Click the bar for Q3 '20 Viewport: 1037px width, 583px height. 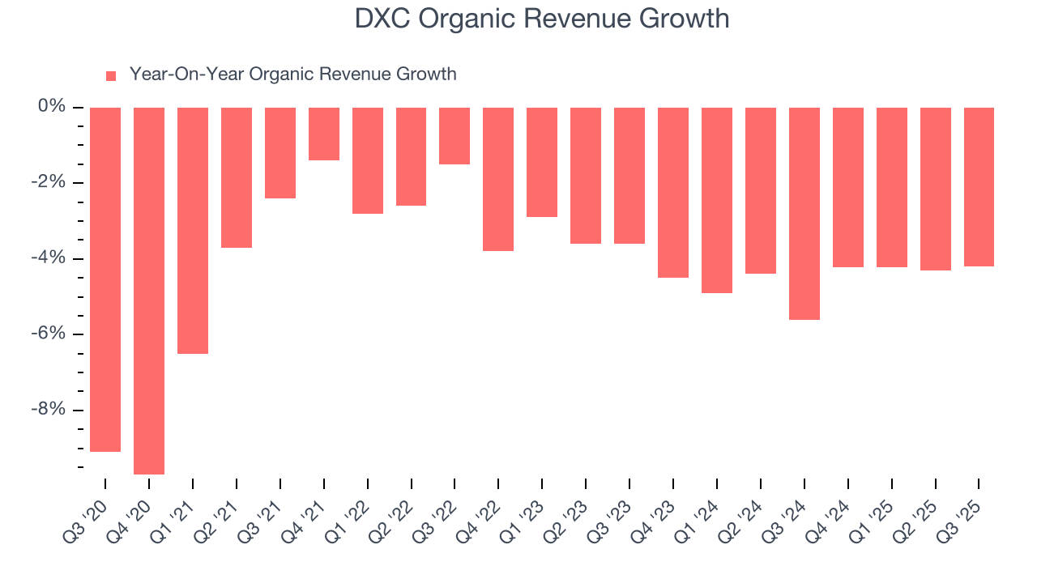105,279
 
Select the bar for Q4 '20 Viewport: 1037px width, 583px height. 149,291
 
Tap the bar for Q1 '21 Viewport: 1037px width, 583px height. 193,231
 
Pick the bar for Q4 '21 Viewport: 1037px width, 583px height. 324,134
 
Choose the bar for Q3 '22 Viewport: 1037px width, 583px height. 454,136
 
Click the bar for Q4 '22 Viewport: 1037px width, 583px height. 498,179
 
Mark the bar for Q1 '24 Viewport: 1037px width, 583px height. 717,200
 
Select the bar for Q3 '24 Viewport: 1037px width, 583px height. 804,214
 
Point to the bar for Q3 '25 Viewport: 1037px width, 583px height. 979,187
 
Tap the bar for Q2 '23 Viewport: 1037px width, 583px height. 586,176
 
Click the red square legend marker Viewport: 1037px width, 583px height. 111,76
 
